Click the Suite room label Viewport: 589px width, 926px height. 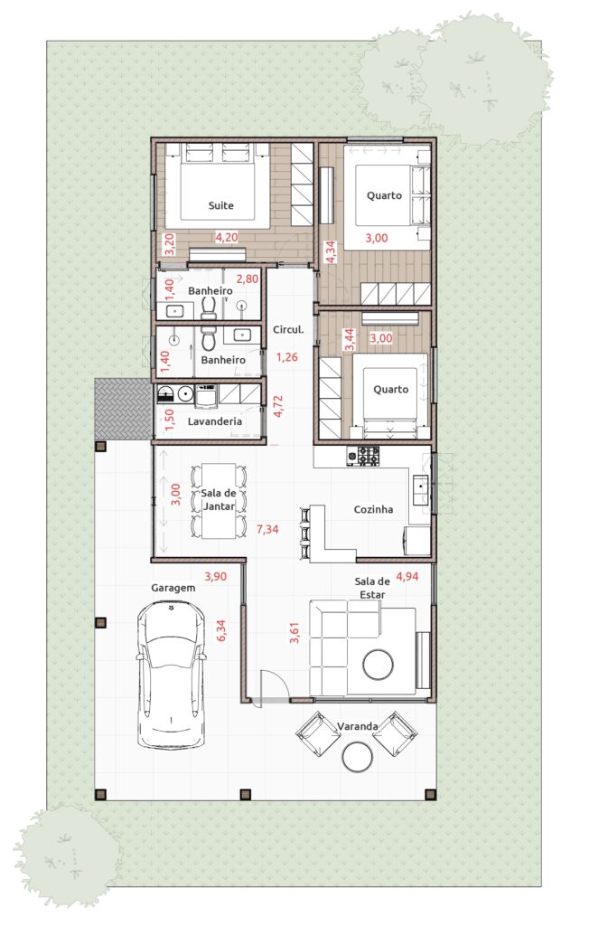pos(220,205)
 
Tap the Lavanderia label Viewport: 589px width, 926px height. pos(215,421)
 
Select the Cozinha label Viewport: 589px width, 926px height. pos(373,509)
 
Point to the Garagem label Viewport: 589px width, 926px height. pos(173,588)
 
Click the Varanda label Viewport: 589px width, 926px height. pos(357,726)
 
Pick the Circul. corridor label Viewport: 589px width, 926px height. pos(288,329)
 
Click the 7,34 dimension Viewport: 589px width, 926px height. pos(267,529)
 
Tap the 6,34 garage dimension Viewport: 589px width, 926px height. pos(221,630)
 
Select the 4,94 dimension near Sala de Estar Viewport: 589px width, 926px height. pos(407,576)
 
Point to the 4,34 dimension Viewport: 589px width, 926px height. pos(331,251)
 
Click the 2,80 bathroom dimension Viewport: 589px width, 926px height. pos(248,279)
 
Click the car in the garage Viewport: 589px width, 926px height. pos(171,675)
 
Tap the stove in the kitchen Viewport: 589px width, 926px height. pos(363,456)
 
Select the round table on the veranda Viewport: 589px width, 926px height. pos(357,757)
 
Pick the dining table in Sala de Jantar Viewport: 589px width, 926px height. pos(219,501)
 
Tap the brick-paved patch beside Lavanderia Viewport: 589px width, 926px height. pos(122,410)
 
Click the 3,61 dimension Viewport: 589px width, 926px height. pos(295,632)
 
